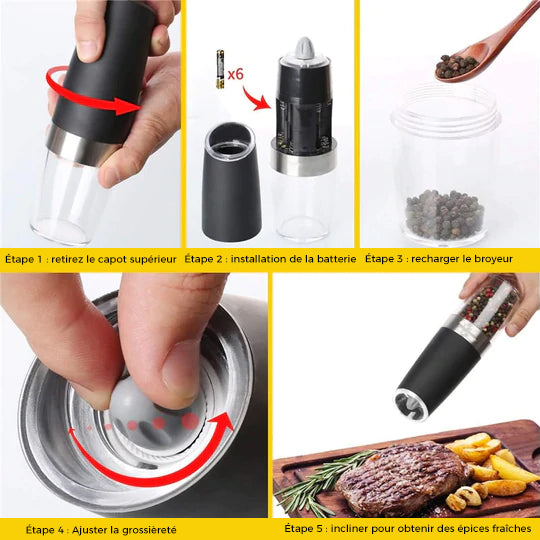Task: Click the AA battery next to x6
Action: coord(220,69)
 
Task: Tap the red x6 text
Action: coord(236,74)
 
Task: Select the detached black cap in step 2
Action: coord(231,182)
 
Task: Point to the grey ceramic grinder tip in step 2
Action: coord(304,47)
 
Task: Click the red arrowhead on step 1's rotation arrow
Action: coord(127,106)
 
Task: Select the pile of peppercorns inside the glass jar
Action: coord(445,214)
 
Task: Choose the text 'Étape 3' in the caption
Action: coord(384,259)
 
